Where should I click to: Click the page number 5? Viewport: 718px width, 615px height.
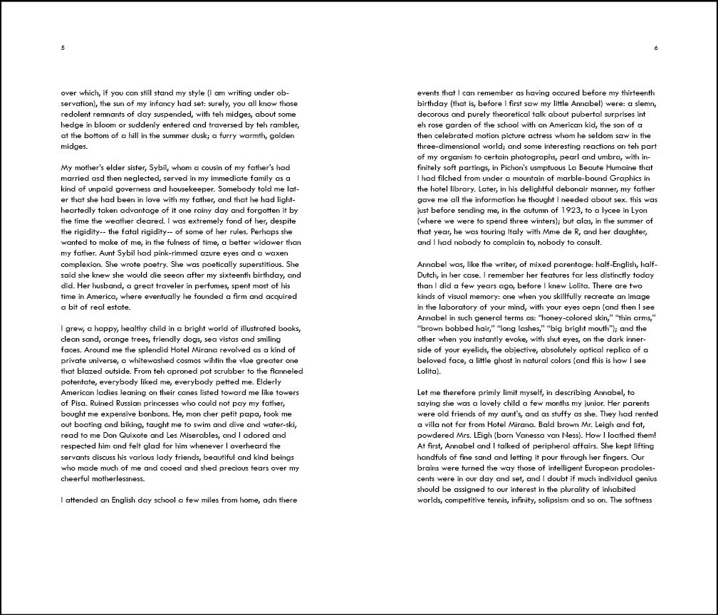tap(63, 48)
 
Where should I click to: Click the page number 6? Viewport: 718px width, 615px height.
tap(655, 48)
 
